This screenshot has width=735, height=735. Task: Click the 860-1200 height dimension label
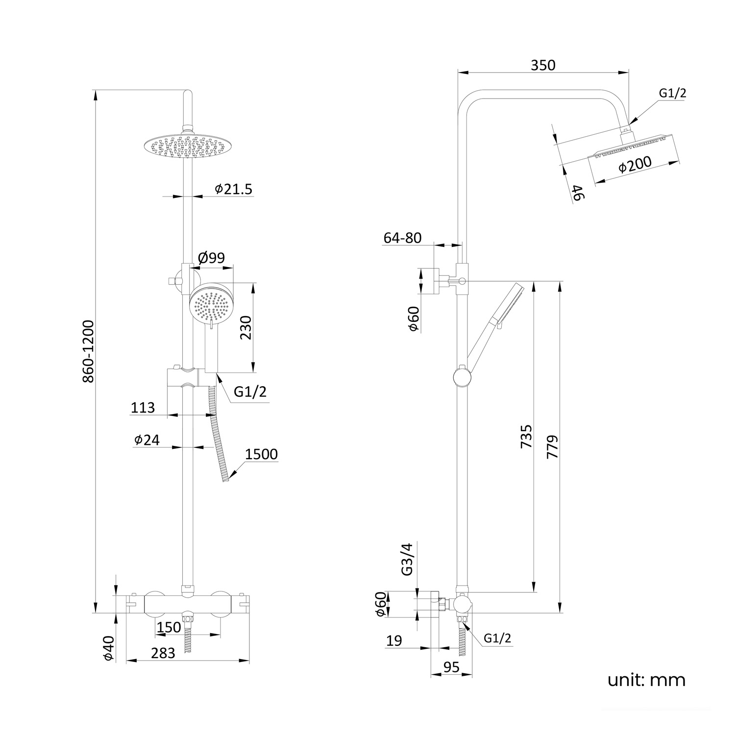tap(88, 351)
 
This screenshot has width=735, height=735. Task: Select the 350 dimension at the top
tap(543, 65)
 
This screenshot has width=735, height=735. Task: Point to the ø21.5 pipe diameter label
tap(234, 189)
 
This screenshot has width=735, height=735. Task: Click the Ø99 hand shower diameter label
tap(211, 258)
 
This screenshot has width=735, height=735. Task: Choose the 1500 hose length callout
tap(261, 454)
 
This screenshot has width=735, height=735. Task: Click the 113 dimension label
tap(143, 408)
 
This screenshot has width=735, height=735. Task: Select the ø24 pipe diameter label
tap(147, 440)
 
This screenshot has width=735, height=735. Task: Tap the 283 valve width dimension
tap(163, 653)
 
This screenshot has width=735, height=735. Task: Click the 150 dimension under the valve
tap(169, 627)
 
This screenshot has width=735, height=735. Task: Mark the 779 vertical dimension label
tap(552, 446)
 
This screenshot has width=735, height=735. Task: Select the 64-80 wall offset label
tap(402, 238)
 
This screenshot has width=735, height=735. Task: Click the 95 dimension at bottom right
tap(451, 667)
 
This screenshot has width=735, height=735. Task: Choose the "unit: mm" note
tap(646, 680)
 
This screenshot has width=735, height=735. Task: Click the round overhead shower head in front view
tap(187, 147)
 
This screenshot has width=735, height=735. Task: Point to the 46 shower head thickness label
tap(578, 193)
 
